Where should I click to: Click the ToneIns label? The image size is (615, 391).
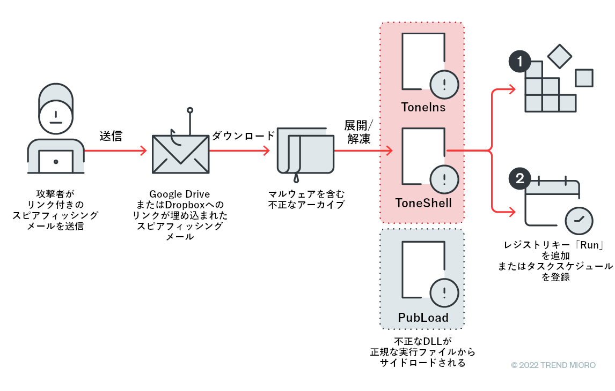423,107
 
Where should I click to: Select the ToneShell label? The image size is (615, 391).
423,203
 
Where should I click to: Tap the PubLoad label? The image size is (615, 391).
423,318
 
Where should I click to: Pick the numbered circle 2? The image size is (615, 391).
519,179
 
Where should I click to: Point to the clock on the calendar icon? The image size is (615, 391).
579,219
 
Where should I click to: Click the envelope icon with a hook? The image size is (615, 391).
180,153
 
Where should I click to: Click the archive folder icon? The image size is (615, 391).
305,152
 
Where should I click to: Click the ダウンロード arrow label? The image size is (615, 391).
243,136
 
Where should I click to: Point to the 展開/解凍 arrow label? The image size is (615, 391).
359,132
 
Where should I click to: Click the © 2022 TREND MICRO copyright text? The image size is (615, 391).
553,365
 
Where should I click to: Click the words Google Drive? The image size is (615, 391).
179,194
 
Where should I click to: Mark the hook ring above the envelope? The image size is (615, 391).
189,110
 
